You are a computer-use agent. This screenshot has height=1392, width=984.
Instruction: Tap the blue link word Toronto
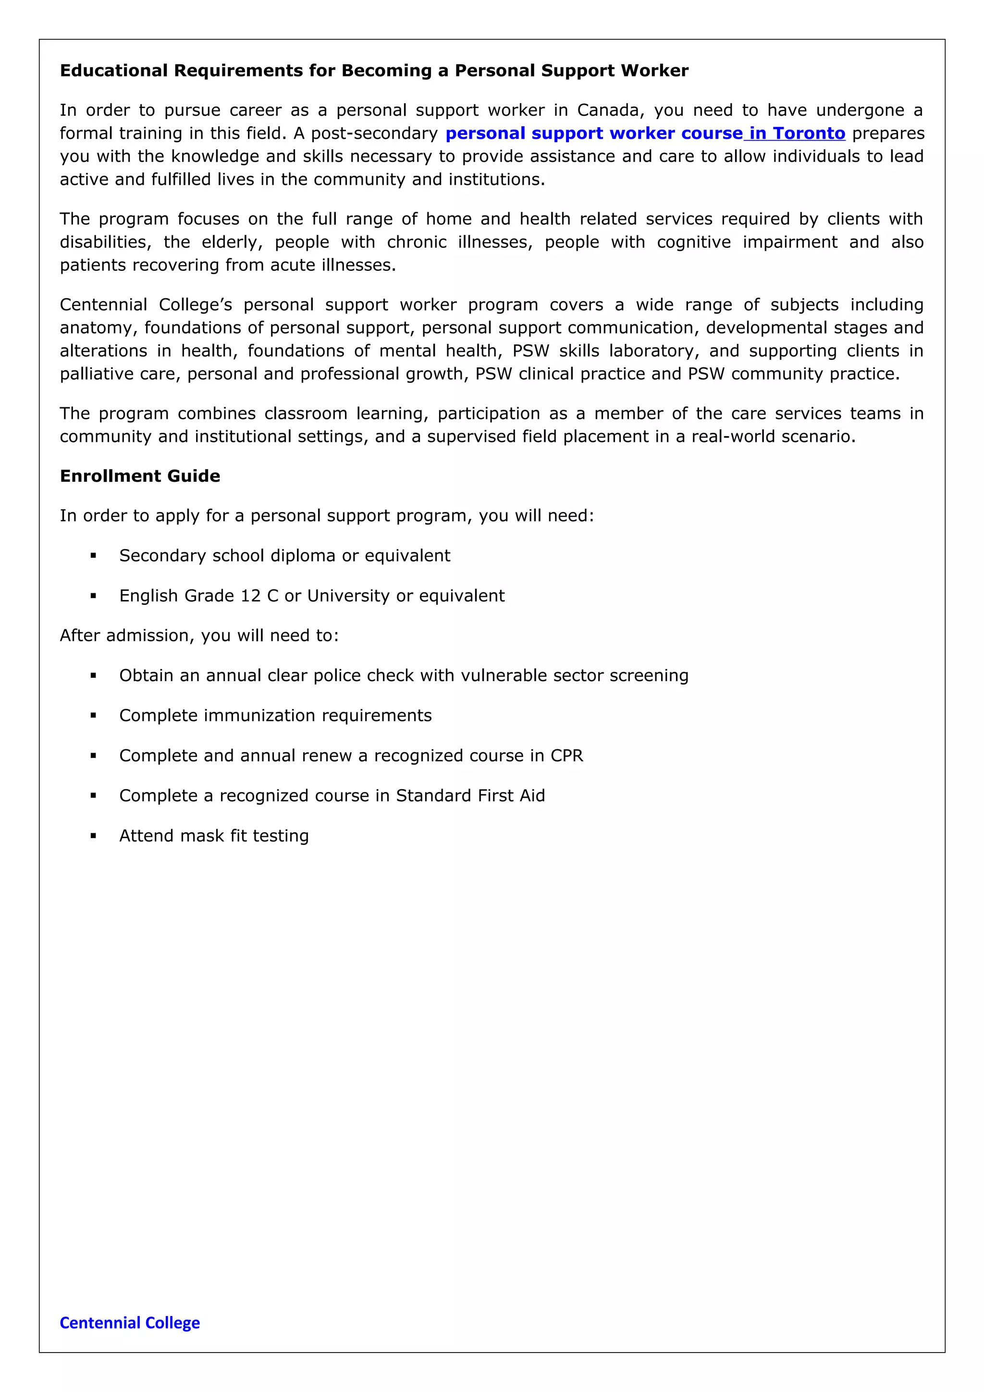click(809, 134)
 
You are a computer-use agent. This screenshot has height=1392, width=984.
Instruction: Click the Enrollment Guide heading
click(140, 476)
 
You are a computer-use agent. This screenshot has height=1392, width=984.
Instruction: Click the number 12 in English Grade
click(250, 596)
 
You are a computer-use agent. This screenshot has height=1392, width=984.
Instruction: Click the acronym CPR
click(567, 756)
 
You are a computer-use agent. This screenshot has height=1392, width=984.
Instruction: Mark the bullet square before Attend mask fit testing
click(93, 836)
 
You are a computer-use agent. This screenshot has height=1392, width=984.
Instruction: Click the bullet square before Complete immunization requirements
click(93, 716)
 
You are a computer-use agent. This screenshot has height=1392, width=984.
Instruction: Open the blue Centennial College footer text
click(130, 1322)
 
